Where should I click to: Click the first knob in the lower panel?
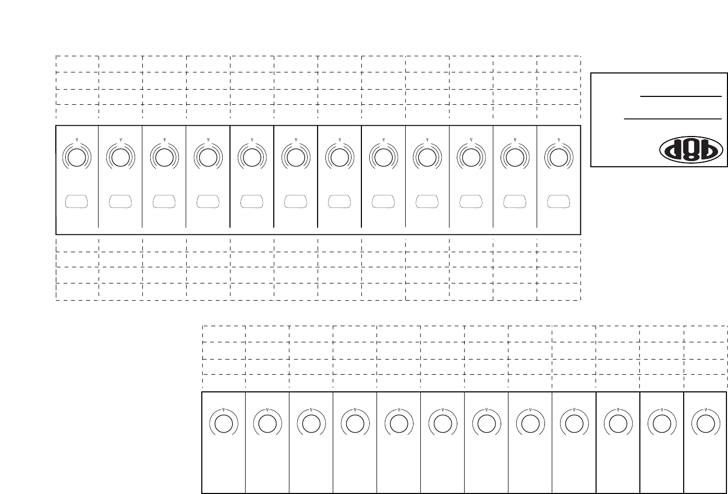click(x=223, y=423)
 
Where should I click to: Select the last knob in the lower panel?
click(x=705, y=423)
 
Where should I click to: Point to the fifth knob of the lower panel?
click(x=398, y=423)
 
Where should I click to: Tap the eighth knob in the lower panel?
click(x=530, y=423)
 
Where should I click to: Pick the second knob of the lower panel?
click(x=267, y=423)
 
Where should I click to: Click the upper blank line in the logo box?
click(x=681, y=96)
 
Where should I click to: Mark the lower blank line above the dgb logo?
click(x=673, y=118)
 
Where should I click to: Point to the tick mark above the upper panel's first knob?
click(x=77, y=140)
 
